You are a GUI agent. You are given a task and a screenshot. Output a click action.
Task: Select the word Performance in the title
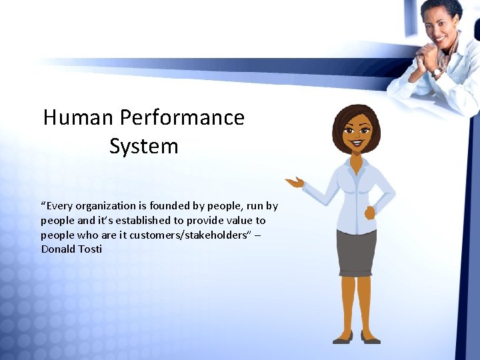pyautogui.click(x=182, y=118)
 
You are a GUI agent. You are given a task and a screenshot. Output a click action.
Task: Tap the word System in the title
pyautogui.click(x=144, y=146)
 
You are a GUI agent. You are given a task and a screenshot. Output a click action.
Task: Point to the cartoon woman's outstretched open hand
pyautogui.click(x=294, y=181)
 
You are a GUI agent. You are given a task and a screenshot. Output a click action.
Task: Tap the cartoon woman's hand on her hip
pyautogui.click(x=370, y=213)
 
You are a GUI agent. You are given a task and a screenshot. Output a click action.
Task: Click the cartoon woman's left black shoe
pyautogui.click(x=343, y=339)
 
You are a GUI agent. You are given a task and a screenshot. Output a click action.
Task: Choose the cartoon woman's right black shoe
pyautogui.click(x=371, y=339)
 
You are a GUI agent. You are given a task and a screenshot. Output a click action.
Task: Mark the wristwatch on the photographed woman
pyautogui.click(x=437, y=71)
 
